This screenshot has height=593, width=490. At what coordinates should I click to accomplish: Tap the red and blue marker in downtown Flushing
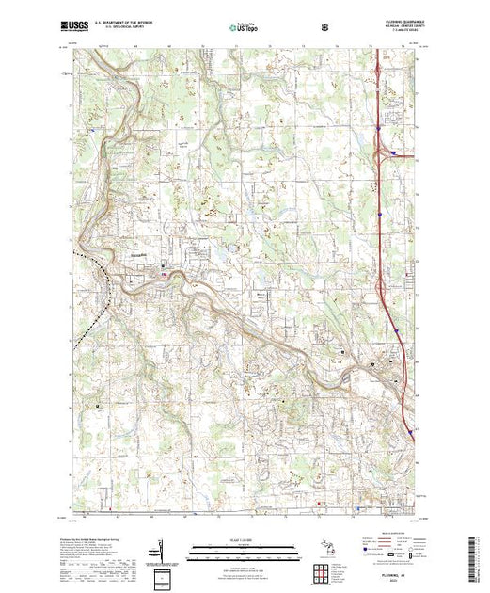click(166, 275)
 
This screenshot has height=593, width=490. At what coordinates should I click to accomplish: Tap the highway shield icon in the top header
click(324, 27)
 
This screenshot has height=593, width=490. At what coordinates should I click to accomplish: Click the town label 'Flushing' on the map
click(136, 254)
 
